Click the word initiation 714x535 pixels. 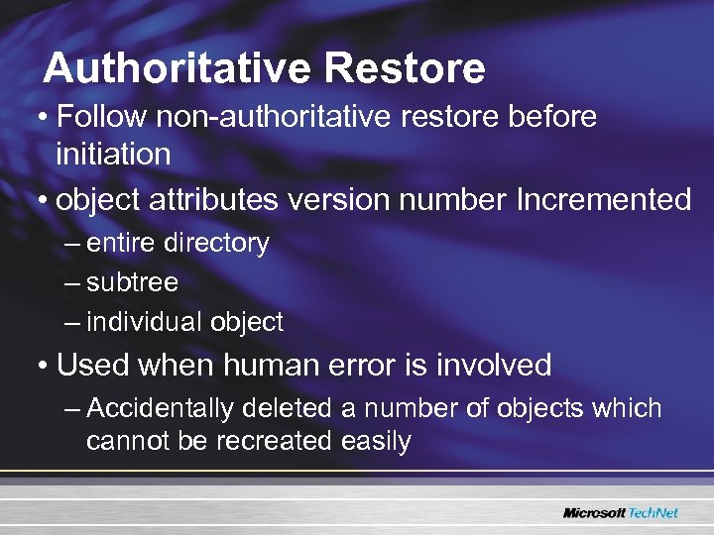pyautogui.click(x=113, y=154)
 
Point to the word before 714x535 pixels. pyautogui.click(x=551, y=117)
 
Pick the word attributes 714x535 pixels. pyautogui.click(x=213, y=199)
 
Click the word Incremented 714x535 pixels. pyautogui.click(x=604, y=199)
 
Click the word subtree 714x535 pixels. pyautogui.click(x=132, y=282)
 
